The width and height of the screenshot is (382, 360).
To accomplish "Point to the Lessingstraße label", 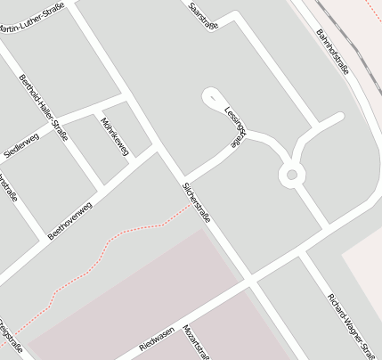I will pos(234,127).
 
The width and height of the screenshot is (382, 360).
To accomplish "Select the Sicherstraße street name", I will pos(196,202).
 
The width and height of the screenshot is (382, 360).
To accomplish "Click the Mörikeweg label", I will pos(116,136).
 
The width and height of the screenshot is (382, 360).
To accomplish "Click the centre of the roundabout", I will pos(290,176).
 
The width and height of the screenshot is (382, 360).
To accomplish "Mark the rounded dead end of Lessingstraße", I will pos(210,95).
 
